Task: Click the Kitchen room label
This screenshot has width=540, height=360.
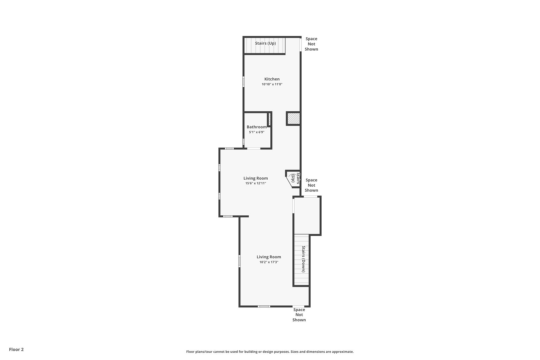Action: tap(272, 79)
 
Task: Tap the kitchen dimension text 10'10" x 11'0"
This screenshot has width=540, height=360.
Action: tap(272, 84)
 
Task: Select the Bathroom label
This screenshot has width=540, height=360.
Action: tap(257, 127)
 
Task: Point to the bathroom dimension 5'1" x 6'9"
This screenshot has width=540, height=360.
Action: tap(257, 132)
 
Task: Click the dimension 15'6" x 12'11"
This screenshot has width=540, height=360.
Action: tap(256, 183)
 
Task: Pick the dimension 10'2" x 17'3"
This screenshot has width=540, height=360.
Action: tap(269, 262)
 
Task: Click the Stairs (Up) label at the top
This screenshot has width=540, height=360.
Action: tap(265, 43)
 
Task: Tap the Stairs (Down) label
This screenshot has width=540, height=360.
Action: tap(304, 259)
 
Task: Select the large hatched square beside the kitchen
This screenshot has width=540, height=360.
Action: tap(293, 119)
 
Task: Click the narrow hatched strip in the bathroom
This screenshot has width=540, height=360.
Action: tap(270, 119)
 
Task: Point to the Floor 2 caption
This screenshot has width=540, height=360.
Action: tap(16, 349)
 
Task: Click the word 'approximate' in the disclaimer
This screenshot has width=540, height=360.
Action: tap(343, 352)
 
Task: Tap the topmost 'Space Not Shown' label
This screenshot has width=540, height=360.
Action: tap(311, 44)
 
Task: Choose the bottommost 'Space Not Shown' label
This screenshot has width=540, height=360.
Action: tap(299, 315)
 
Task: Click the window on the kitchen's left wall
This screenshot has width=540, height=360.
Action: tap(243, 82)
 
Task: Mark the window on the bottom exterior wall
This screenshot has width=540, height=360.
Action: tap(264, 306)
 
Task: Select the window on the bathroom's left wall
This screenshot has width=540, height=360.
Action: tap(243, 142)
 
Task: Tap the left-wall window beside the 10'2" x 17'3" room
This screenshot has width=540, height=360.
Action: tap(239, 261)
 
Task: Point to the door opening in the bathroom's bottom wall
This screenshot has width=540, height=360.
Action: tap(254, 149)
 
